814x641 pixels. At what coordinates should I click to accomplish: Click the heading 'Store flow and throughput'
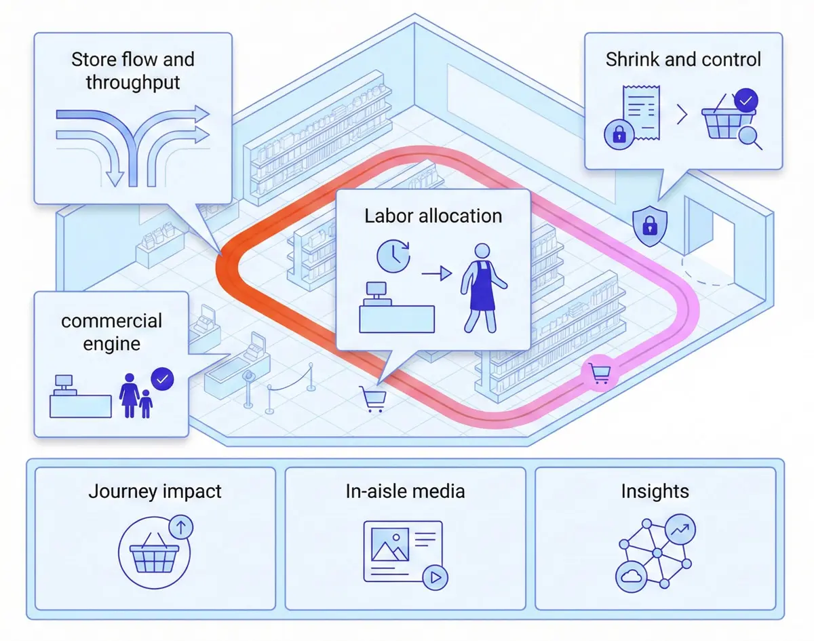click(x=133, y=71)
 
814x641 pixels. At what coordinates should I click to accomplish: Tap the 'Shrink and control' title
click(x=683, y=59)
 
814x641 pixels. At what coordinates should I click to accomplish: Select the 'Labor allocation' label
click(x=433, y=216)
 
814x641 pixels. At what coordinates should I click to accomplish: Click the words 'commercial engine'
click(x=111, y=332)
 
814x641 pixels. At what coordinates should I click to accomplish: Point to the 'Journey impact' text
click(x=155, y=490)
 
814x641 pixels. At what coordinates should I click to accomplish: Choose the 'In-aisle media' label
click(x=405, y=490)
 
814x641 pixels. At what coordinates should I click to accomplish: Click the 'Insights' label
click(x=655, y=490)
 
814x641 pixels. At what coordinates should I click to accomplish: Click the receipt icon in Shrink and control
click(x=640, y=113)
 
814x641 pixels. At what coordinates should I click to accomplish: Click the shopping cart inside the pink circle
click(x=600, y=372)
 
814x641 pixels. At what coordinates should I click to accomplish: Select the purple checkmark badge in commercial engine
click(x=162, y=379)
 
